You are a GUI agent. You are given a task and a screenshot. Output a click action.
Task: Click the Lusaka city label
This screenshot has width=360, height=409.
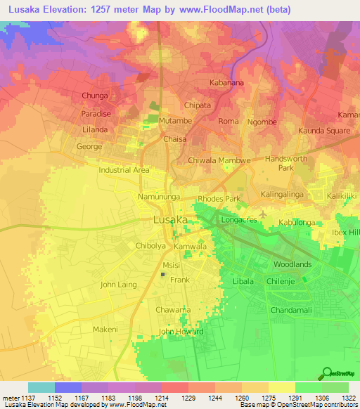pyautogui.click(x=170, y=220)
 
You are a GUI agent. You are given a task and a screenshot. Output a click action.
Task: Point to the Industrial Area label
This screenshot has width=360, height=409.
pyautogui.click(x=124, y=170)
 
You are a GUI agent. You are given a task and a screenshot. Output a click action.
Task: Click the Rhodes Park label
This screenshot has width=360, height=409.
pyautogui.click(x=219, y=199)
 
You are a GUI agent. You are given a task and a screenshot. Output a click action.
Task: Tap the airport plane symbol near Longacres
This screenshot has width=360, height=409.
pyautogui.click(x=263, y=214)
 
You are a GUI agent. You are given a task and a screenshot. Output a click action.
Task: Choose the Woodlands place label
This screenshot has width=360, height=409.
pyautogui.click(x=292, y=264)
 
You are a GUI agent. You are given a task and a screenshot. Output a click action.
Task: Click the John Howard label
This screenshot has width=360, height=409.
pyautogui.click(x=181, y=332)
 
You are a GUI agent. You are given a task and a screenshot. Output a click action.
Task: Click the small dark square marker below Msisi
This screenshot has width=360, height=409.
pyautogui.click(x=164, y=275)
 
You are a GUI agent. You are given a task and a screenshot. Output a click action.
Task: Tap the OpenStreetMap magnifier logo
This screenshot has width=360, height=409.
pyautogui.click(x=326, y=373)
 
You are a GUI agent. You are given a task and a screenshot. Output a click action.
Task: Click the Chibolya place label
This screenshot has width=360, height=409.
pyautogui.click(x=150, y=246)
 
